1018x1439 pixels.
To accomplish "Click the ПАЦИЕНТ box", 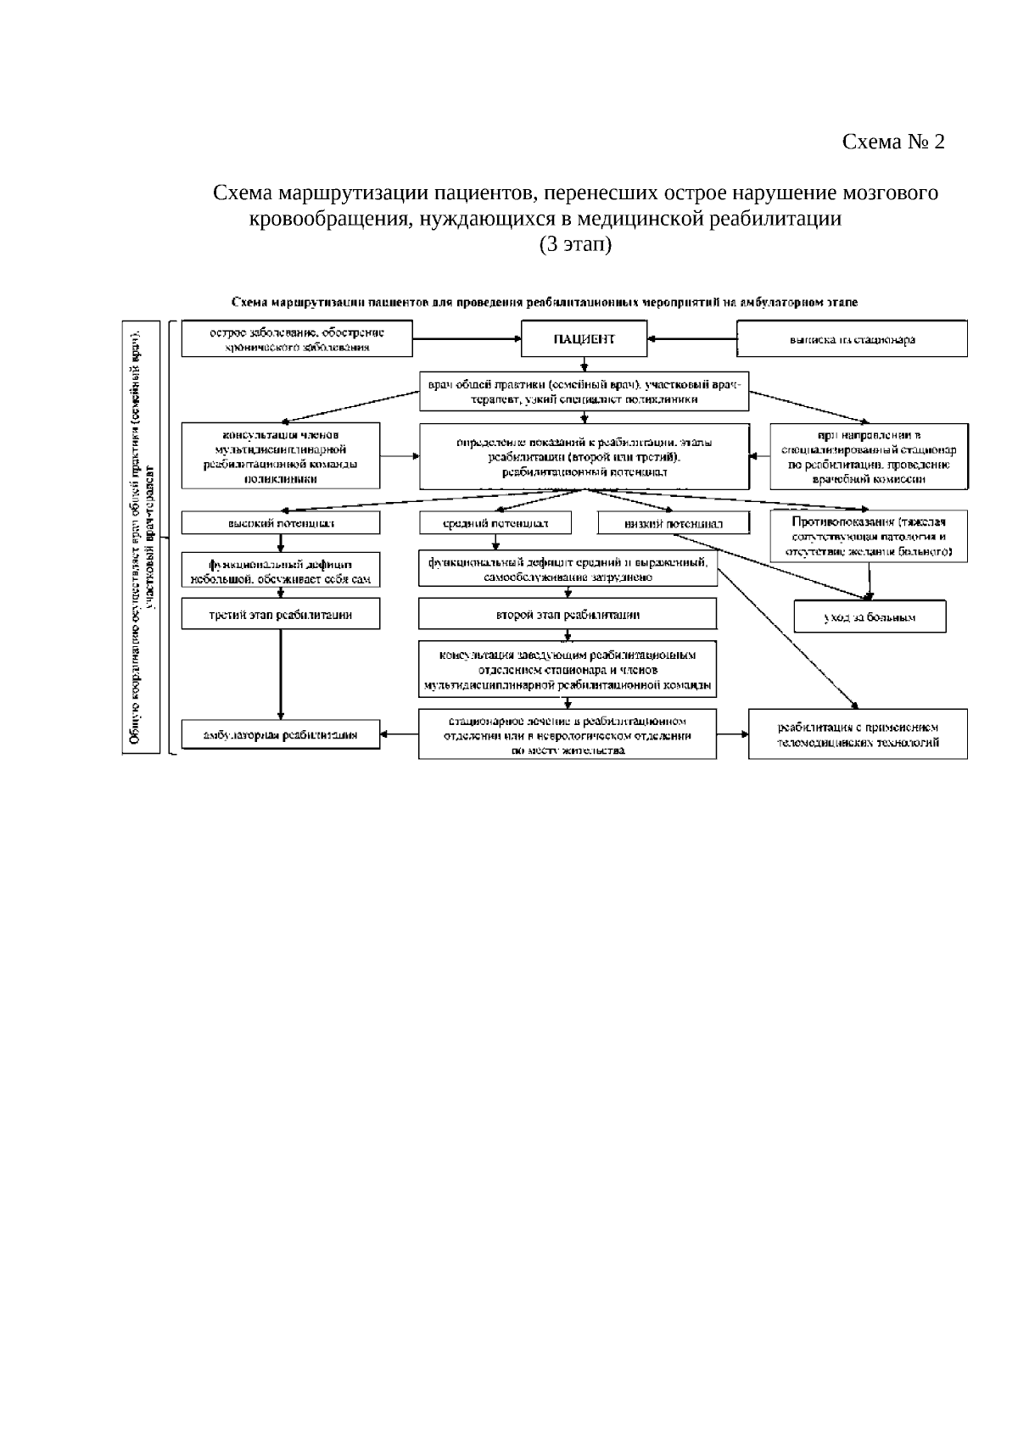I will coord(584,339).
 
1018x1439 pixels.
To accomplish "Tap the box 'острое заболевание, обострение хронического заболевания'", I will coord(297,339).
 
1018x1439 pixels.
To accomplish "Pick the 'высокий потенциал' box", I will coord(281,523).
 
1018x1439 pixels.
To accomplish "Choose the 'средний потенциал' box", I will coord(495,523).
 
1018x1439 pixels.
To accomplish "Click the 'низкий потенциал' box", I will coord(674,524).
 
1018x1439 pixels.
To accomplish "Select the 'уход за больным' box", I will coord(870,617).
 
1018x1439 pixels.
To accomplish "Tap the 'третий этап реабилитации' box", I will coord(281,615).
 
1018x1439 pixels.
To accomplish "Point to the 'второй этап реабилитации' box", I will coord(567,615).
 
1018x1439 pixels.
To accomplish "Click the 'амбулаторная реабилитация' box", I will coord(281,734).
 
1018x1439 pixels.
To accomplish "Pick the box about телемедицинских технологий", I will coord(858,734).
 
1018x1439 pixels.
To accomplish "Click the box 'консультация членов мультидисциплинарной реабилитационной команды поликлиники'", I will coord(281,456).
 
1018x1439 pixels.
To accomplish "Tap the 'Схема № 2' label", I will coord(892,142).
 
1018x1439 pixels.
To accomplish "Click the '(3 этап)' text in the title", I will coord(575,245).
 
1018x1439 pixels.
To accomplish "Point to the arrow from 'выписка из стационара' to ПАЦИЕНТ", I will coord(692,339).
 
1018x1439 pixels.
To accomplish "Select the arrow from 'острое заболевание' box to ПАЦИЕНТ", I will coord(467,339).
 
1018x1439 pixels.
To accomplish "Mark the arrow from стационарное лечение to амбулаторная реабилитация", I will coord(399,734).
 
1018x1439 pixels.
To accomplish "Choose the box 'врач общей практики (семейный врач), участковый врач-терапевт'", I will coord(584,392).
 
